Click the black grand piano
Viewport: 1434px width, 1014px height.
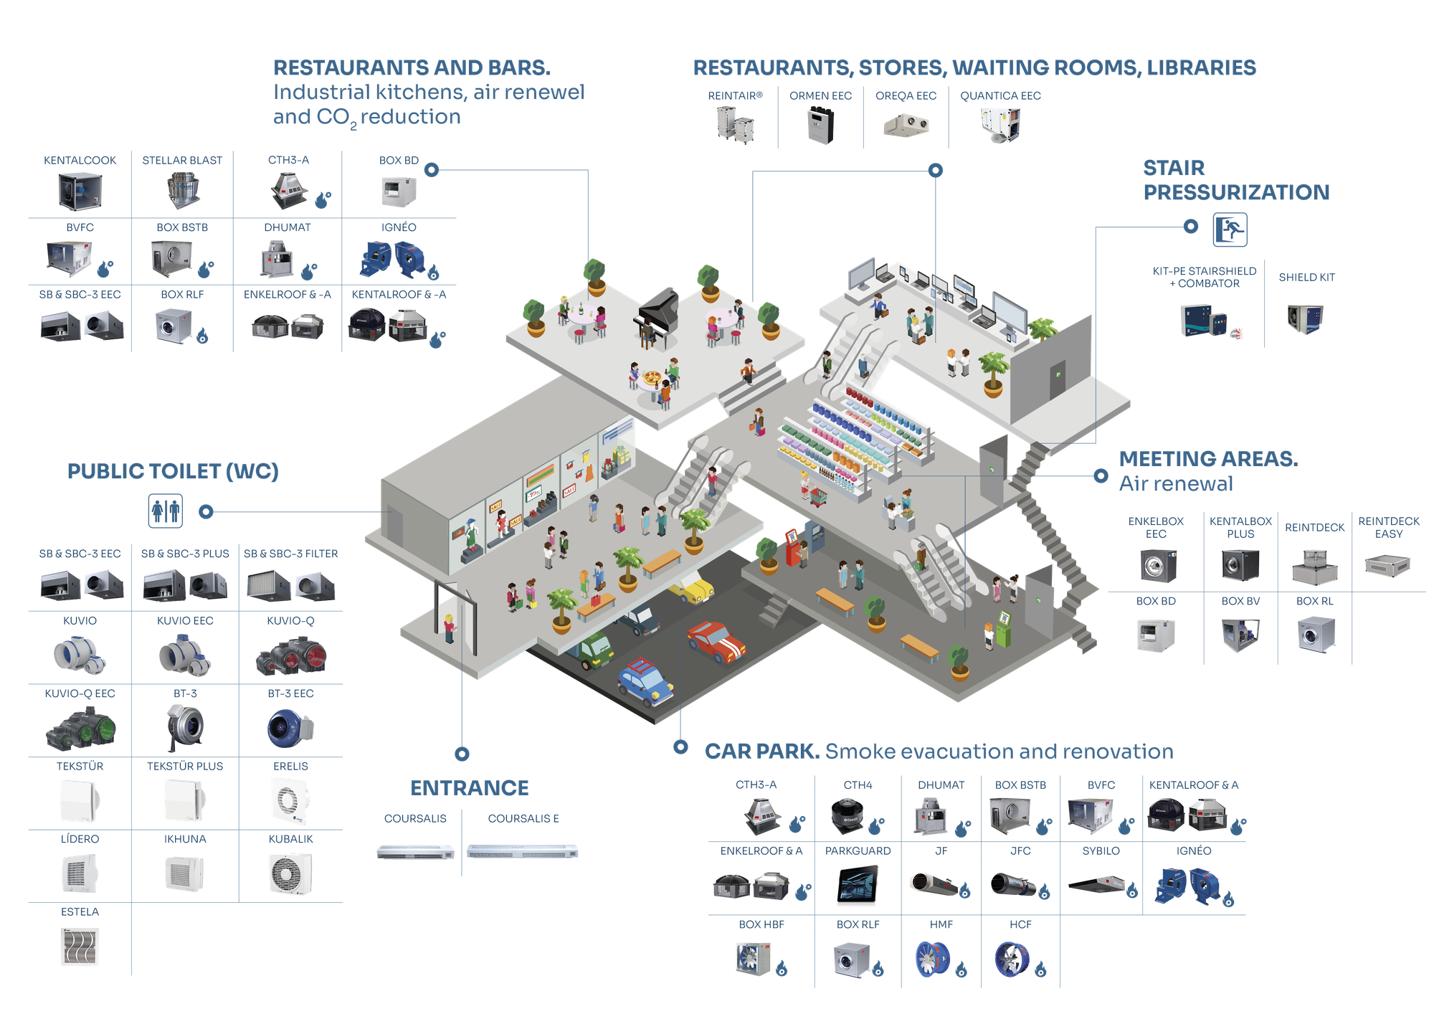(x=657, y=316)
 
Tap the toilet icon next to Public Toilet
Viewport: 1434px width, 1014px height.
(x=166, y=511)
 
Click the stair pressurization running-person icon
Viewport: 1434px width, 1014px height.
(x=1230, y=229)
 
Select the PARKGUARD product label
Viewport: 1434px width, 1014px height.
(x=858, y=851)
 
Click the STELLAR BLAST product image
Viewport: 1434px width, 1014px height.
(x=184, y=190)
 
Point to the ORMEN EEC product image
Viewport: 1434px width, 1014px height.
(x=821, y=125)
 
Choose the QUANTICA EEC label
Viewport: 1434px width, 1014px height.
(x=1000, y=96)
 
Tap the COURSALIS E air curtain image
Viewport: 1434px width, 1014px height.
(x=522, y=851)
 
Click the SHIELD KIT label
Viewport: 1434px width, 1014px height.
(x=1306, y=278)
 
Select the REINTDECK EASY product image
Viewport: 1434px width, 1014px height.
(x=1387, y=566)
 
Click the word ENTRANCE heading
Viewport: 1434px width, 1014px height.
(x=470, y=788)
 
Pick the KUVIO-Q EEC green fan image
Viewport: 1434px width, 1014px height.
(x=80, y=729)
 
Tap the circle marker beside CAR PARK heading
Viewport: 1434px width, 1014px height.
(x=680, y=747)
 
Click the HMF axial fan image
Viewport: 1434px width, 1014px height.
(x=933, y=959)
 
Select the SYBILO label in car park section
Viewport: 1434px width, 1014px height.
(x=1101, y=851)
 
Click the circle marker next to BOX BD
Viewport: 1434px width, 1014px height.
(x=432, y=170)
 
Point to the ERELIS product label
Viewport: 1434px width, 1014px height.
(x=290, y=767)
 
